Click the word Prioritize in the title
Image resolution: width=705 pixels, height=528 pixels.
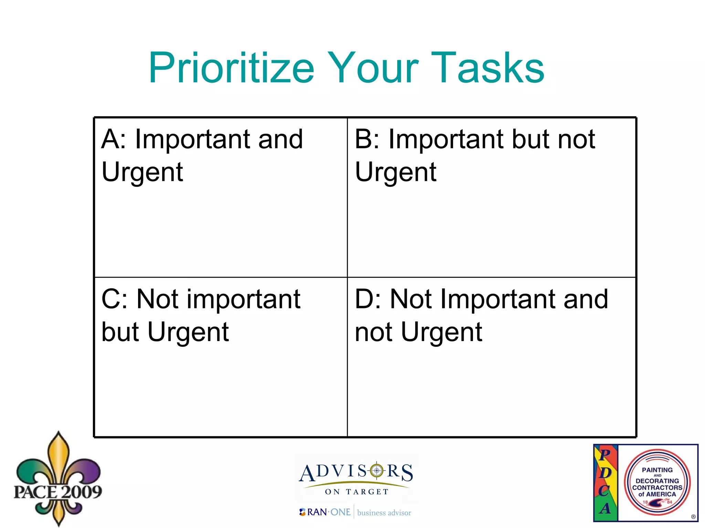click(231, 68)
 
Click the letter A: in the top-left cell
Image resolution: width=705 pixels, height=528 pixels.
click(114, 139)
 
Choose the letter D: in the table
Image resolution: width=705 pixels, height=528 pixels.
click(368, 299)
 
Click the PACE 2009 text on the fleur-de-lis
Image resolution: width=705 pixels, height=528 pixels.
click(58, 492)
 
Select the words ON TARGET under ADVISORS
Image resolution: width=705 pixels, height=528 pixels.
click(357, 492)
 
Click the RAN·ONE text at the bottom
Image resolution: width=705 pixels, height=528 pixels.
click(328, 512)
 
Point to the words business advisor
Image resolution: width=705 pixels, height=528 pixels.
click(384, 513)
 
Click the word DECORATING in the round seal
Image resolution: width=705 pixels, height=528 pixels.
click(657, 481)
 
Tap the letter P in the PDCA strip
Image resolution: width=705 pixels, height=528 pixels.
click(605, 454)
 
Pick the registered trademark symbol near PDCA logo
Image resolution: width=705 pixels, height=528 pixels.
click(693, 517)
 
